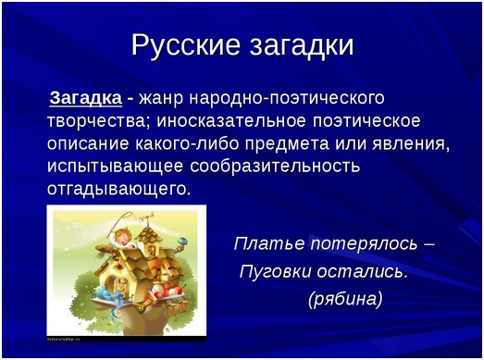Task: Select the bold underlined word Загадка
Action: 84,98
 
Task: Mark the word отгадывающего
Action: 118,190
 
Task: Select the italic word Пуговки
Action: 276,271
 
